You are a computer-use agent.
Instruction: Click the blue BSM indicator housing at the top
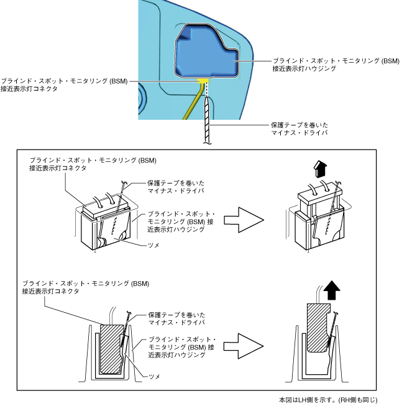tap(205, 53)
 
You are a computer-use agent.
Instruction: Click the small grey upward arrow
tap(321, 169)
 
